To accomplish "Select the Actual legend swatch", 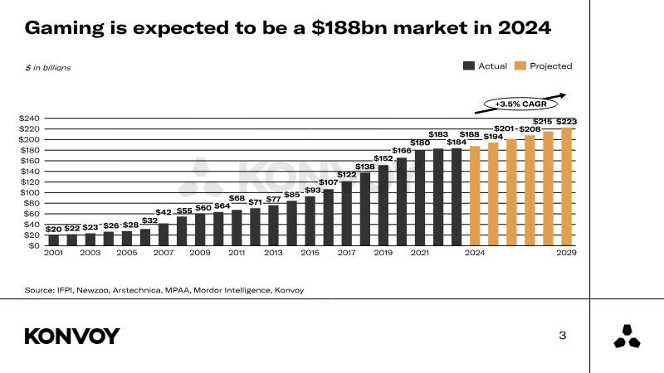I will pyautogui.click(x=469, y=66).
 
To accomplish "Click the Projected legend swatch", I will pyautogui.click(x=520, y=66).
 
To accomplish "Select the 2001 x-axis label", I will pyautogui.click(x=54, y=253).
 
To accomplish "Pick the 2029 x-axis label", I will pyautogui.click(x=567, y=253).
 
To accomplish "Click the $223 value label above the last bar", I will pyautogui.click(x=567, y=122).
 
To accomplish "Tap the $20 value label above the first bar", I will pyautogui.click(x=54, y=229).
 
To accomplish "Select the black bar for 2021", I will pyautogui.click(x=420, y=198).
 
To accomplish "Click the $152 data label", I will pyautogui.click(x=383, y=158).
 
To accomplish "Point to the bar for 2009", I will pyautogui.click(x=200, y=230).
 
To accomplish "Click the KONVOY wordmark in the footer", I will pyautogui.click(x=72, y=336).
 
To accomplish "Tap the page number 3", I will pyautogui.click(x=563, y=336).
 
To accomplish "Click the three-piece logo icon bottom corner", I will pyautogui.click(x=627, y=336).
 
